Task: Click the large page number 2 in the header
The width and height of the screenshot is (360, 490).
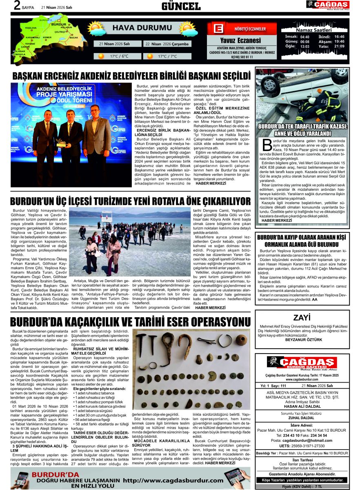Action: (17, 5)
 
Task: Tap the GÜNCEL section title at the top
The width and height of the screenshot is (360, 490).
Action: (181, 6)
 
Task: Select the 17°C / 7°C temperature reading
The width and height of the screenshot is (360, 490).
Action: (167, 56)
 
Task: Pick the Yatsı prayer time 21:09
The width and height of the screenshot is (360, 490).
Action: (339, 46)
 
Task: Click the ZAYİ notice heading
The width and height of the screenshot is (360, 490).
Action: (302, 317)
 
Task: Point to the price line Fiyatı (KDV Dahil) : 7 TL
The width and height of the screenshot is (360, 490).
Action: (302, 487)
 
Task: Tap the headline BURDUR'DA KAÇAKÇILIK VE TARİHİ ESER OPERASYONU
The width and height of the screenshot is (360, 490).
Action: (131, 321)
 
